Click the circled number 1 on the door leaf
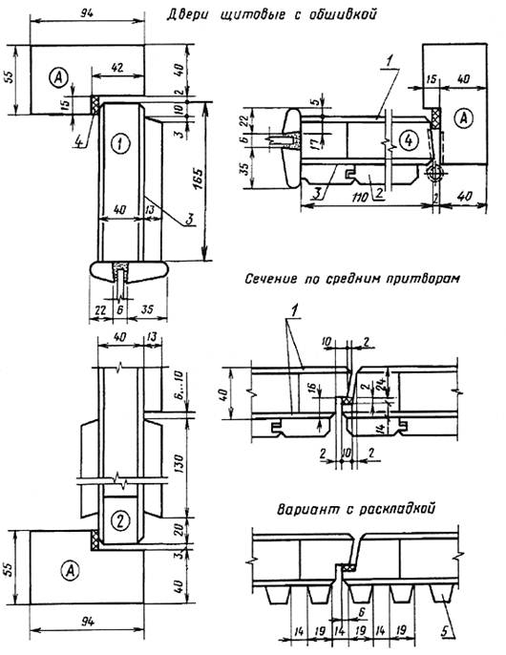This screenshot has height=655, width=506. (120, 143)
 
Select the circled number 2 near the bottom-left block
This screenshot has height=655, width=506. (120, 521)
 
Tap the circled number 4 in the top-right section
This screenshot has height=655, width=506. (408, 140)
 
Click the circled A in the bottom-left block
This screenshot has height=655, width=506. (70, 570)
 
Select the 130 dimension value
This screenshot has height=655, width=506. (179, 463)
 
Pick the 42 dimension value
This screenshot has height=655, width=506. (117, 68)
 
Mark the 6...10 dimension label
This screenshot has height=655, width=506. (179, 391)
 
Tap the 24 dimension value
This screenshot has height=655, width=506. (381, 385)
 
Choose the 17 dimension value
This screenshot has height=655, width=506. (319, 142)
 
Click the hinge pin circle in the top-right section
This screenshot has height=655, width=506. (434, 172)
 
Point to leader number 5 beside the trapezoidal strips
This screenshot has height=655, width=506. (446, 631)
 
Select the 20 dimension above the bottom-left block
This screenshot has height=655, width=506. (179, 530)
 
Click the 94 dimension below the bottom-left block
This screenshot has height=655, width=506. (87, 622)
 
